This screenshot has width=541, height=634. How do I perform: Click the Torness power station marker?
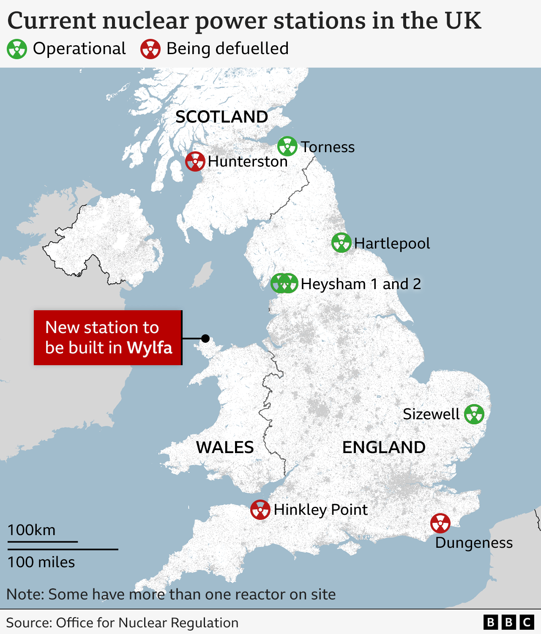pyautogui.click(x=287, y=146)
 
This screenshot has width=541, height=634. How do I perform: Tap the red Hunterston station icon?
pyautogui.click(x=195, y=161)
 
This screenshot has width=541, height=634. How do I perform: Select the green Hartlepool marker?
pyautogui.click(x=341, y=243)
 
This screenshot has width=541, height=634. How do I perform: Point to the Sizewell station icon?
pyautogui.click(x=474, y=414)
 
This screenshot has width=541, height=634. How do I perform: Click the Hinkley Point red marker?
pyautogui.click(x=260, y=510)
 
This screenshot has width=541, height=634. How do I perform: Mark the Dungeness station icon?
pyautogui.click(x=440, y=523)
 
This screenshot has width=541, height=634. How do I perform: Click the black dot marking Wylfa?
pyautogui.click(x=205, y=339)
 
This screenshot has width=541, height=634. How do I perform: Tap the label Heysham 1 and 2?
pyautogui.click(x=361, y=284)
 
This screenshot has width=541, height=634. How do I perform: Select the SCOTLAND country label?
pyautogui.click(x=221, y=117)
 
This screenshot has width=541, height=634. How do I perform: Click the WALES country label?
pyautogui.click(x=225, y=447)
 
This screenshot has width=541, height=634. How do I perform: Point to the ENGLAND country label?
pyautogui.click(x=384, y=447)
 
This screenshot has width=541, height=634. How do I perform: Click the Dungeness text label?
pyautogui.click(x=474, y=543)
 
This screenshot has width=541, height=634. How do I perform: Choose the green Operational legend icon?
pyautogui.click(x=17, y=49)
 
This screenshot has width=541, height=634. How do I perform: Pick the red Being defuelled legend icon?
pyautogui.click(x=150, y=49)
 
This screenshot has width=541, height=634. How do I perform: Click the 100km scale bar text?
pyautogui.click(x=32, y=530)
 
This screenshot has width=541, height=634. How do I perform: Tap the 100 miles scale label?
pyautogui.click(x=41, y=562)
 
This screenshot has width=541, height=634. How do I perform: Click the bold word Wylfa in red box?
pyautogui.click(x=150, y=348)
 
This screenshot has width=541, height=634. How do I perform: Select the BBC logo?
pyautogui.click(x=508, y=623)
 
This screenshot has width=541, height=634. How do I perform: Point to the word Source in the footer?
pyautogui.click(x=28, y=623)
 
